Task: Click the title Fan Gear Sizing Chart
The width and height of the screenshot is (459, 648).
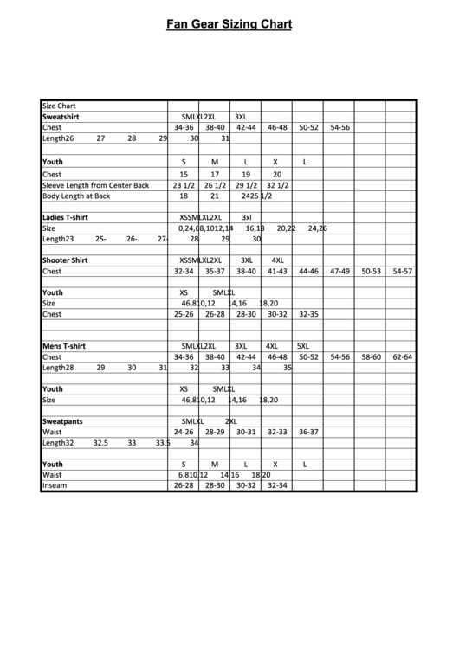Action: point(229,26)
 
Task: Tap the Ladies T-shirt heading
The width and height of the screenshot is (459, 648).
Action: point(66,217)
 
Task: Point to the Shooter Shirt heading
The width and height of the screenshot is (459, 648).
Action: point(65,260)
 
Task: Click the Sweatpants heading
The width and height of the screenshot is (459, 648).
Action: point(62,420)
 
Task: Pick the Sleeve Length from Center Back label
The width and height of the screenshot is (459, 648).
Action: point(96,185)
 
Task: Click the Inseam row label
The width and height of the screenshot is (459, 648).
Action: point(55,485)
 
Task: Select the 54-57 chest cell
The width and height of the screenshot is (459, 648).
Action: point(402,271)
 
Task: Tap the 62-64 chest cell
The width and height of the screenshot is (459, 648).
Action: point(402,356)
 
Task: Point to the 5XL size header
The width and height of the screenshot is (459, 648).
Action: point(307,345)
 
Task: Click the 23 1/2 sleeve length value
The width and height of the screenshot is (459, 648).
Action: point(184,185)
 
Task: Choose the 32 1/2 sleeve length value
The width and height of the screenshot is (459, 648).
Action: point(277,185)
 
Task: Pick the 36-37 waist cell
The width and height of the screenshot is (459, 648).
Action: point(308,432)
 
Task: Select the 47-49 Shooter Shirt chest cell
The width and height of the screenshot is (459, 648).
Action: point(339,271)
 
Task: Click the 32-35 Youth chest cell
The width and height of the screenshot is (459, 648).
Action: point(308,314)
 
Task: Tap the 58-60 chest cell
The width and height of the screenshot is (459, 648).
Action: point(371,356)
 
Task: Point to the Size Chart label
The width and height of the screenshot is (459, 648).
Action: point(60,105)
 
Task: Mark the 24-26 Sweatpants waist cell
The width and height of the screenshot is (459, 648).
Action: point(184,432)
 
